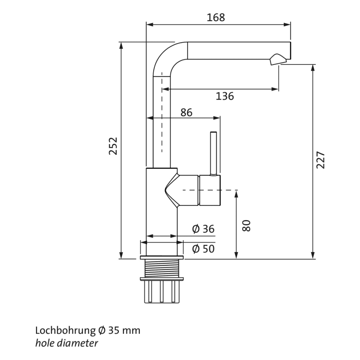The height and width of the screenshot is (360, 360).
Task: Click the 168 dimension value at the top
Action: click(x=215, y=17)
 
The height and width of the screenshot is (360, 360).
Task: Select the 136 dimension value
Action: click(x=224, y=96)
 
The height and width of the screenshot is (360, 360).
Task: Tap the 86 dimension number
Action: click(x=186, y=112)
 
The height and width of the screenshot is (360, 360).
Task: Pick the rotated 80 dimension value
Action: click(x=246, y=225)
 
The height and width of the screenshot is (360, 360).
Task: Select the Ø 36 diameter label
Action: click(x=203, y=229)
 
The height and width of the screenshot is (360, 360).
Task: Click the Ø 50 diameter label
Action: click(x=203, y=249)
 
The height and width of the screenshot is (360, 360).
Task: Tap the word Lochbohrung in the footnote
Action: click(x=65, y=330)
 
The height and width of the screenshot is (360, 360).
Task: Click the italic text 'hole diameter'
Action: click(x=66, y=342)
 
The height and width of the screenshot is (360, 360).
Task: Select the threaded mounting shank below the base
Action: click(x=161, y=268)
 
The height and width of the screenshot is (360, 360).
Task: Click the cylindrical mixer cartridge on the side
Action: click(x=209, y=190)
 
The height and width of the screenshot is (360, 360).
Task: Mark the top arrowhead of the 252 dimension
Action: click(x=121, y=45)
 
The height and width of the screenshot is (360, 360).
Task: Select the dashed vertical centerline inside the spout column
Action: click(x=161, y=113)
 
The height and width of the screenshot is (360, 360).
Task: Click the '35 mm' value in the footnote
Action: click(x=127, y=330)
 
